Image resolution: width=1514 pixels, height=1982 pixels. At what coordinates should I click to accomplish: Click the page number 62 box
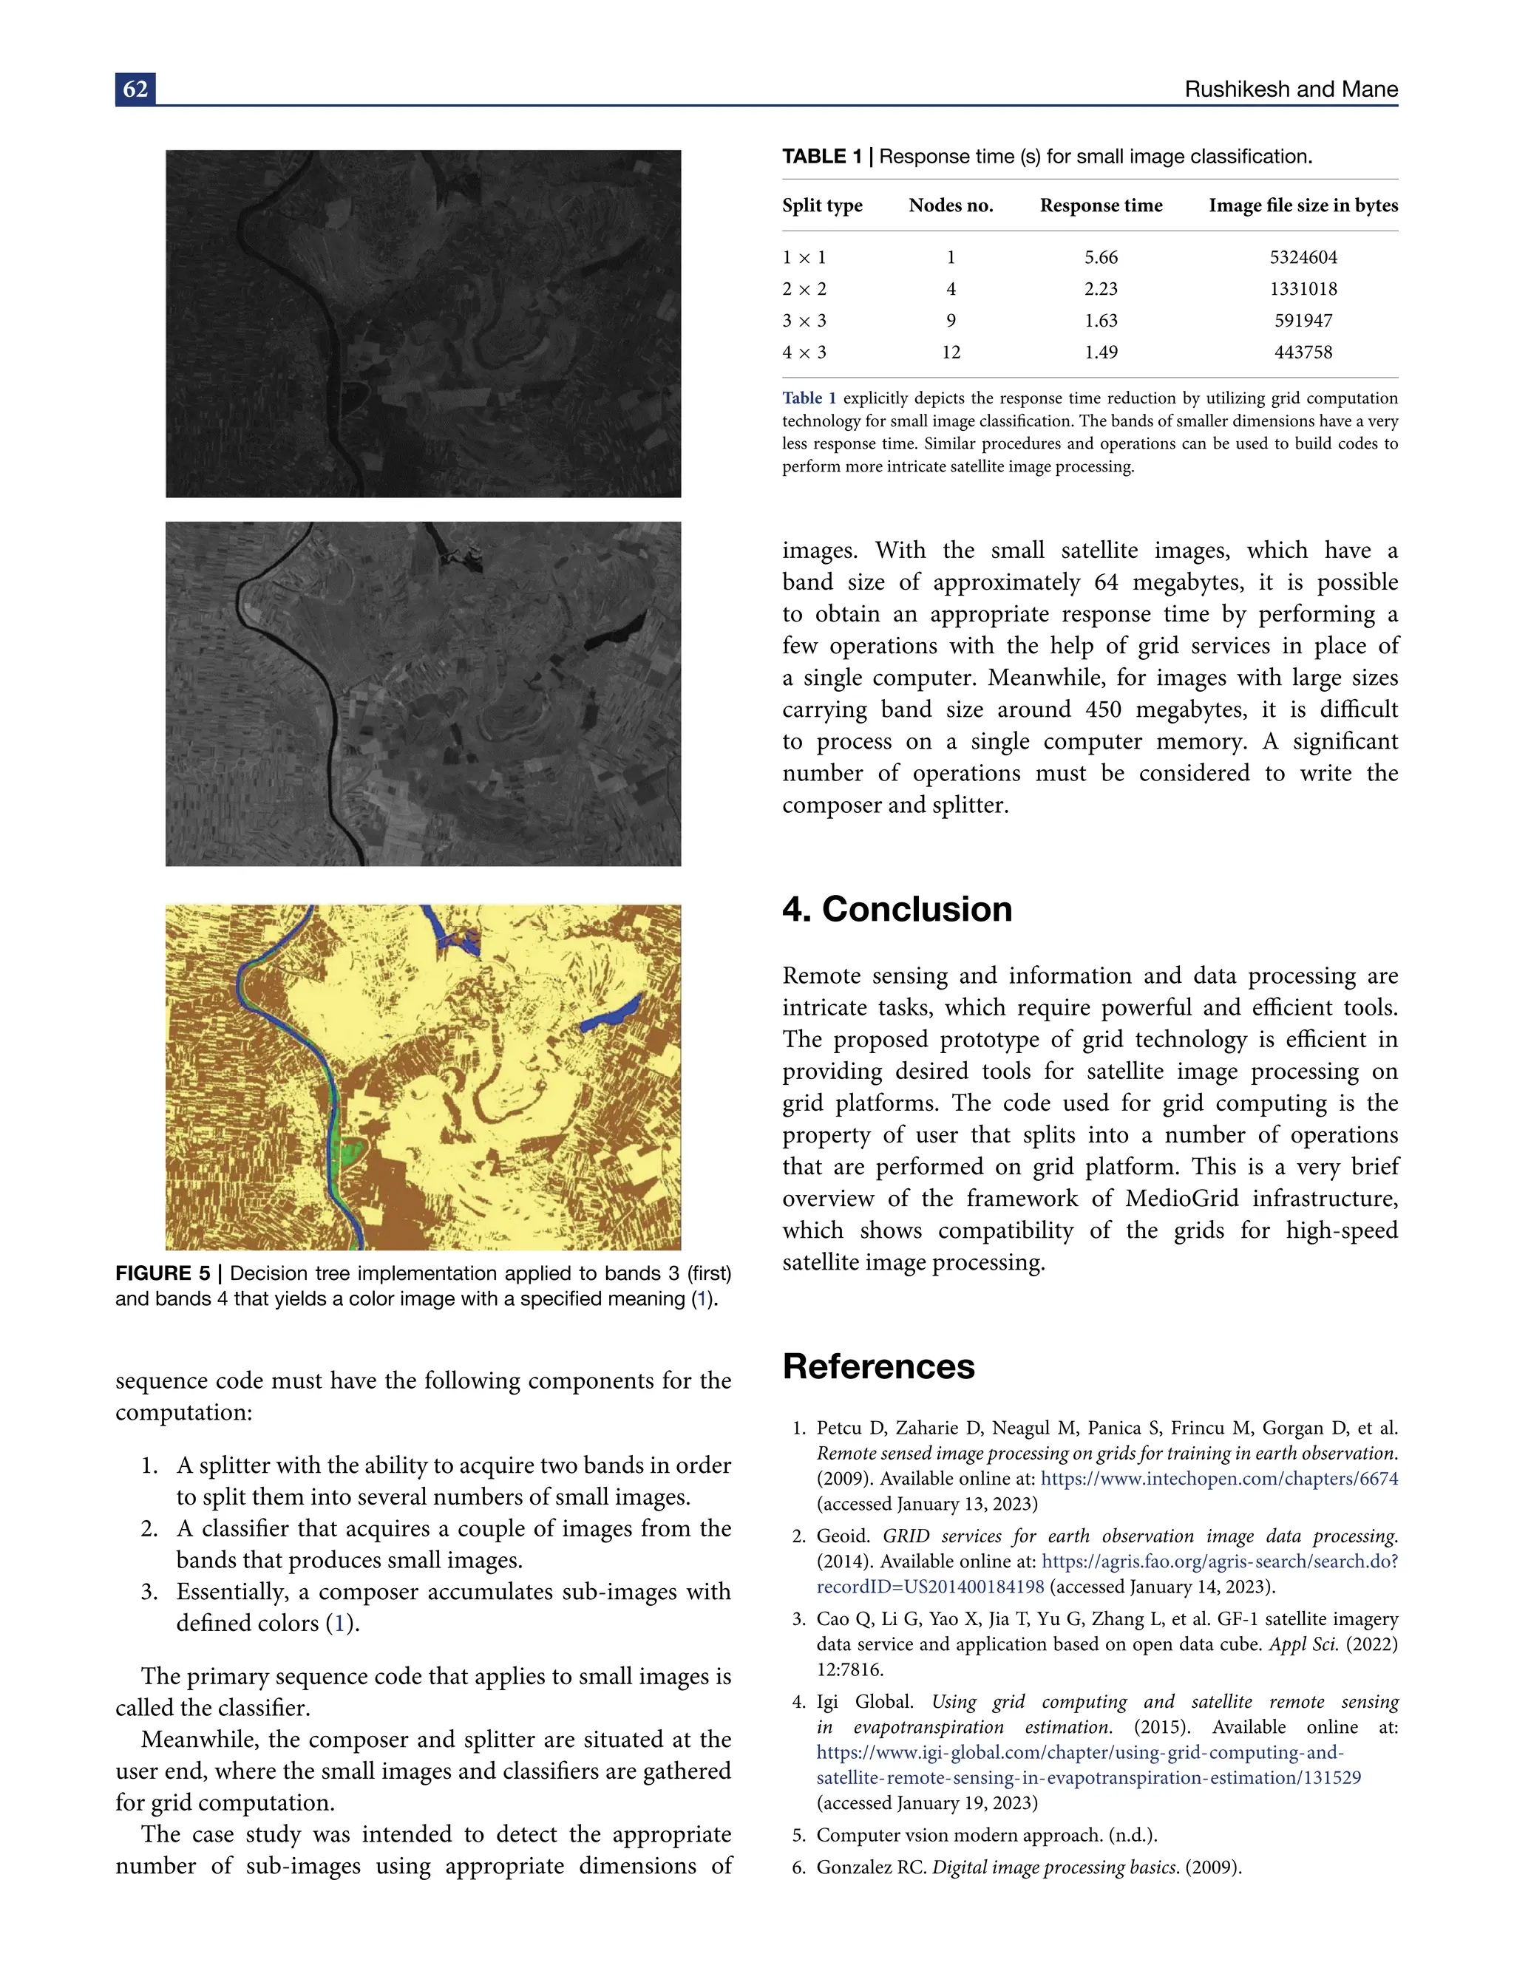(x=135, y=89)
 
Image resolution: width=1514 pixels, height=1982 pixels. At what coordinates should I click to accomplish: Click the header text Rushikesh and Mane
(x=1291, y=89)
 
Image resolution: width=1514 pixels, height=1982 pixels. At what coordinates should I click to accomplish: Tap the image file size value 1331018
(x=1303, y=289)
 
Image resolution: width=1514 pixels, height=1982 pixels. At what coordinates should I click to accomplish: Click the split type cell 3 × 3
(x=804, y=321)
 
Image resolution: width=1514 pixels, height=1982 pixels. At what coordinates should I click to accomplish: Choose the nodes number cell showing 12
(x=951, y=353)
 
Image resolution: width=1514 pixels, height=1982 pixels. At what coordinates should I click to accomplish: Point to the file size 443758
(x=1303, y=353)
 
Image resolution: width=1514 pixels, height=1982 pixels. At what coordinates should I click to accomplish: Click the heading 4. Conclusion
(x=897, y=909)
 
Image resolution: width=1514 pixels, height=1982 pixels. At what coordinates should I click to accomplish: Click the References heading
(x=879, y=1366)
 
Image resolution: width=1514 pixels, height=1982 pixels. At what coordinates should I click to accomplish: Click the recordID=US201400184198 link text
(x=930, y=1587)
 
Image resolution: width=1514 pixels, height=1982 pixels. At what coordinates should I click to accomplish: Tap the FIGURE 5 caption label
(x=162, y=1273)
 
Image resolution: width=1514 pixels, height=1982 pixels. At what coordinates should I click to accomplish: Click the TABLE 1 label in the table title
(x=822, y=157)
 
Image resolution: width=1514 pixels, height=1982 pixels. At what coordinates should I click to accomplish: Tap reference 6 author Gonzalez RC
(x=871, y=1867)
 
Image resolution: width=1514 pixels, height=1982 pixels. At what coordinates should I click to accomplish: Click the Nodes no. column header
(x=951, y=205)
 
